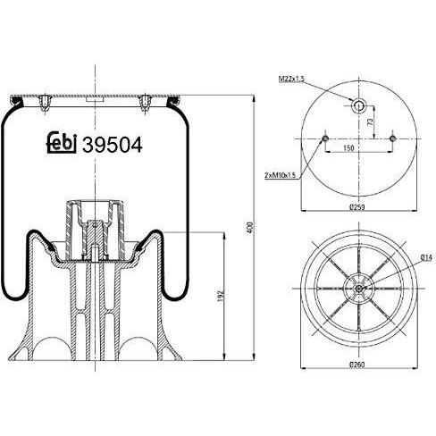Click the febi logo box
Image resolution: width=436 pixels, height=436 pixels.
(x=61, y=142)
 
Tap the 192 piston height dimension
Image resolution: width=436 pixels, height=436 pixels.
(x=221, y=294)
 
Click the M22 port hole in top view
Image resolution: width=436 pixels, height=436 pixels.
(x=359, y=105)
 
